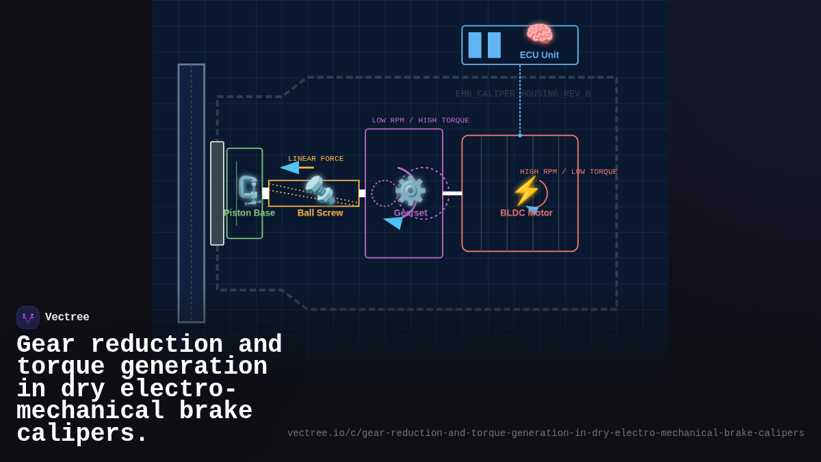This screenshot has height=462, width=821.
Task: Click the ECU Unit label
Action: (x=539, y=55)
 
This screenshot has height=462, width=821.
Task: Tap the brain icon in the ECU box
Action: (x=539, y=34)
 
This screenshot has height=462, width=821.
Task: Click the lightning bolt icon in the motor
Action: (x=525, y=191)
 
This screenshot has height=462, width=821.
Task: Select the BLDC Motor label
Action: (x=526, y=213)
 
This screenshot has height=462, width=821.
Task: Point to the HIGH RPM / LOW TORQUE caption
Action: (x=568, y=172)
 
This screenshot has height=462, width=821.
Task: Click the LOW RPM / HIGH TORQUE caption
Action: (x=420, y=120)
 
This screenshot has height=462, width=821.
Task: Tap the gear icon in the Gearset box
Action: (x=410, y=190)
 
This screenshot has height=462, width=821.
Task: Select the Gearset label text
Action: (x=410, y=213)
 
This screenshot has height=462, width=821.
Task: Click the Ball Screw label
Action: (x=320, y=213)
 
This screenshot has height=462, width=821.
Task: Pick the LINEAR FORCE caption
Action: (x=315, y=159)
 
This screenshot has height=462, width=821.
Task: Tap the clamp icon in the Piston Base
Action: (x=248, y=190)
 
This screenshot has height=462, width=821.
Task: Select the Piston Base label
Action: (x=249, y=213)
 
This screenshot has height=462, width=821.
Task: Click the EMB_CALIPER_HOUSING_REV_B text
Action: (x=523, y=94)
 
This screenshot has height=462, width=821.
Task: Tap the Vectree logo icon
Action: (x=28, y=318)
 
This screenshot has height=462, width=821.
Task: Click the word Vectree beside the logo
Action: (x=67, y=318)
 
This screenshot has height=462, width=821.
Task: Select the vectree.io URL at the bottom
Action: (x=545, y=433)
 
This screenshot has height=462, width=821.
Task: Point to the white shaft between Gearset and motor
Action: (x=452, y=194)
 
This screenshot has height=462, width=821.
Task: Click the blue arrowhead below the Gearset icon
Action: (x=394, y=222)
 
